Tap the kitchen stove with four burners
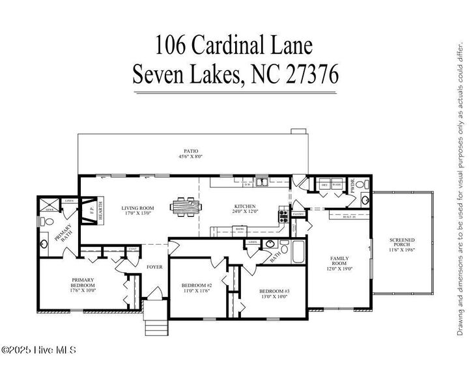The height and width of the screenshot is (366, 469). (283, 215)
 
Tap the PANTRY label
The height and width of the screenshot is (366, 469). (298, 214)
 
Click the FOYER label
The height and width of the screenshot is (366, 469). (154, 267)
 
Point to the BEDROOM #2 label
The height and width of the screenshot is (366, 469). (196, 286)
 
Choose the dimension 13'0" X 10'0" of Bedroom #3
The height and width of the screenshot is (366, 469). (274, 296)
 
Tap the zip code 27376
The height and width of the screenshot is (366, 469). (311, 75)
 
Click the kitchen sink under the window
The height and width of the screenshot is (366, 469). (262, 182)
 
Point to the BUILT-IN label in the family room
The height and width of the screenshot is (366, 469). (349, 216)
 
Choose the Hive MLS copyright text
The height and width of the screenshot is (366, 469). (39, 350)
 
